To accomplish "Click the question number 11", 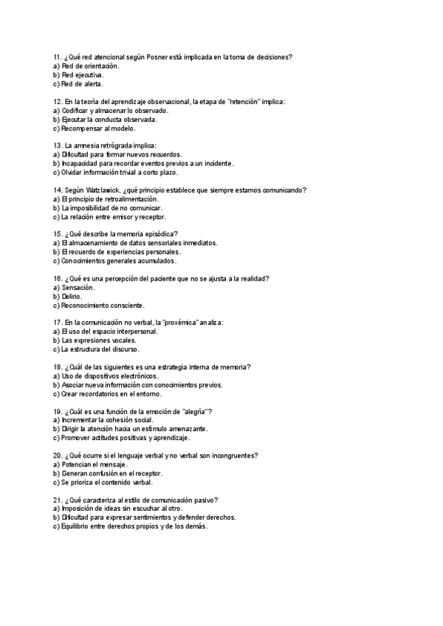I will click(58, 57).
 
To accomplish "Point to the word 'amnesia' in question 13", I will click(92, 145).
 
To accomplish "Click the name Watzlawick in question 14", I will click(109, 190).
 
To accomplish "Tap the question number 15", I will click(58, 234).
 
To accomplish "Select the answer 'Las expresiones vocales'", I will click(103, 340).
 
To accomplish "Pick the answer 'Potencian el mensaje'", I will click(95, 464).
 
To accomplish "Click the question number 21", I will click(58, 500).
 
